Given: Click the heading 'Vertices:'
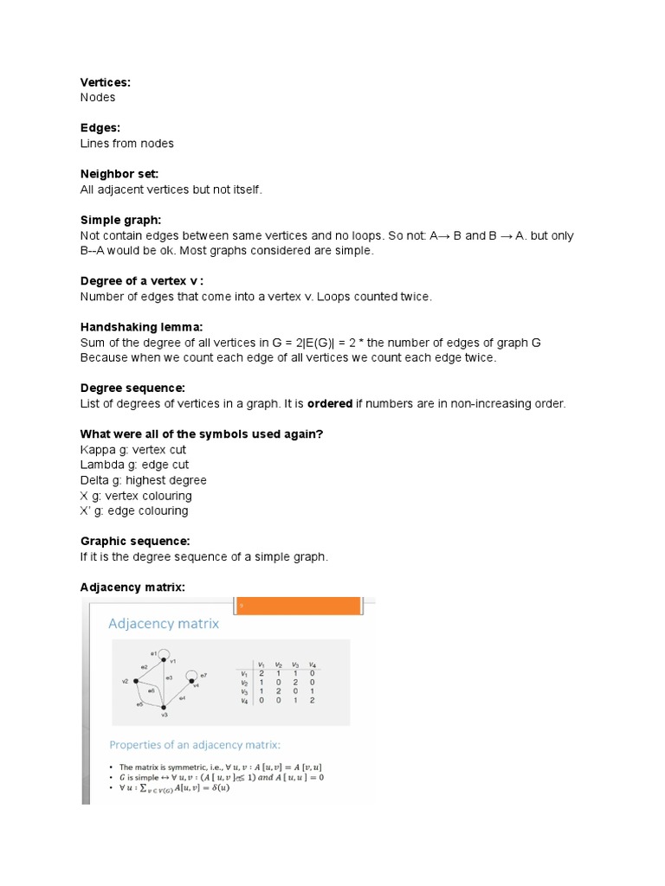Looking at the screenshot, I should click(x=105, y=82).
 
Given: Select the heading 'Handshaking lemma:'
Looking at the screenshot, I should click(x=141, y=327).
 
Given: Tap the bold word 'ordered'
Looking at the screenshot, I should click(x=331, y=404).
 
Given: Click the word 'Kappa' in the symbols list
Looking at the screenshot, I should click(x=97, y=450).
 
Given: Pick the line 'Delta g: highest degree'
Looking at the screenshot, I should click(x=144, y=480).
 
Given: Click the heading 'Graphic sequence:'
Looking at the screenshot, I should click(x=135, y=541).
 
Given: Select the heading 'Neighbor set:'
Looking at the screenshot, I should click(x=119, y=174).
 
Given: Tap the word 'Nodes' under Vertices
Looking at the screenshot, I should click(x=98, y=98).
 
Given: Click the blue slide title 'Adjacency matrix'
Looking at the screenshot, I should click(x=164, y=623).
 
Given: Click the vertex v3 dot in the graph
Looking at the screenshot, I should click(x=164, y=707).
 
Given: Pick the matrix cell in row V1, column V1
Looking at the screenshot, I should click(x=261, y=673).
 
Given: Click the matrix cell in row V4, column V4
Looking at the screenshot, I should click(x=312, y=700).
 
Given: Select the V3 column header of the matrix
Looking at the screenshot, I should click(x=295, y=664).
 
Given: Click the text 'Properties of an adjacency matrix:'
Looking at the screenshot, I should click(x=194, y=744).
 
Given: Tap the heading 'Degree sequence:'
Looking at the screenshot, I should click(x=133, y=388).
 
